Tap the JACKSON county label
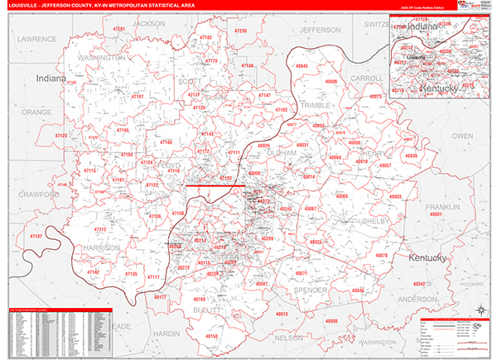click(x=149, y=24)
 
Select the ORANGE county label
click(x=36, y=111)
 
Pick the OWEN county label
click(x=462, y=135)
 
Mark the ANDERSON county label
click(x=417, y=298)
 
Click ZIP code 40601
click(x=437, y=214)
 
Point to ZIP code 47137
click(x=37, y=238)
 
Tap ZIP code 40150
click(x=210, y=337)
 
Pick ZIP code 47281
click(x=119, y=29)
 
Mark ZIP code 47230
click(x=240, y=31)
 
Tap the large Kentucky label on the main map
click(x=427, y=258)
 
